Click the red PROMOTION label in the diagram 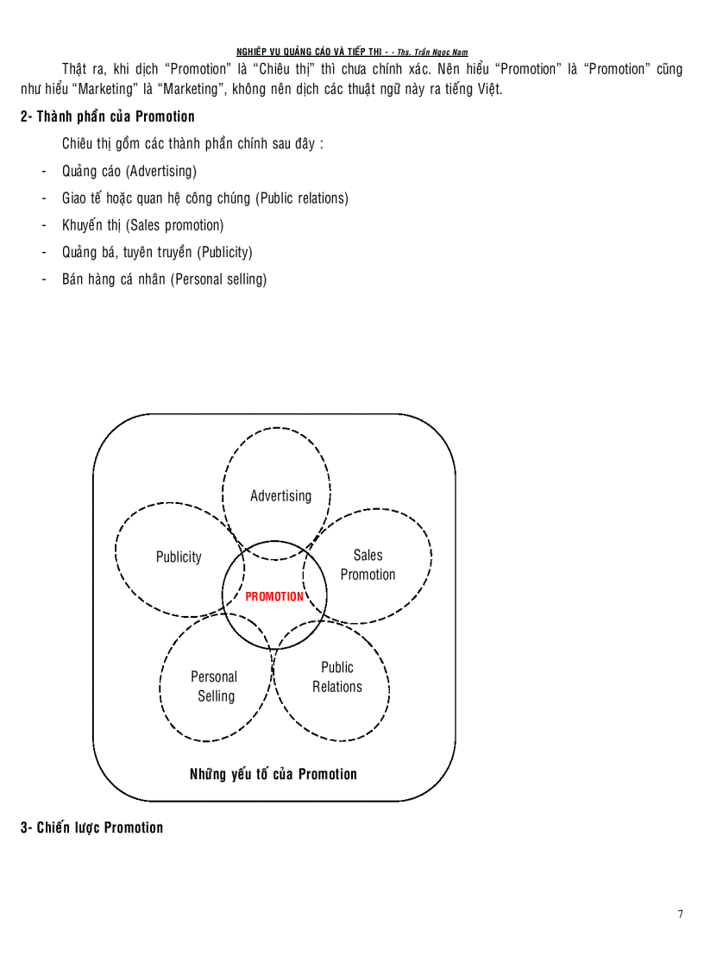pyautogui.click(x=274, y=596)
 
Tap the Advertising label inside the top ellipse pyautogui.click(x=280, y=496)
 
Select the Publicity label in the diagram pyautogui.click(x=179, y=557)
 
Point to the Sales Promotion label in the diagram pyautogui.click(x=368, y=565)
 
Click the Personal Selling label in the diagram pyautogui.click(x=215, y=687)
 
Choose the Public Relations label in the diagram pyautogui.click(x=336, y=676)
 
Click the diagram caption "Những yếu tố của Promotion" pyautogui.click(x=273, y=774)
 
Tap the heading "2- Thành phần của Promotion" pyautogui.click(x=108, y=116)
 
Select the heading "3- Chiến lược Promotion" pyautogui.click(x=91, y=827)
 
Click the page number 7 pyautogui.click(x=681, y=914)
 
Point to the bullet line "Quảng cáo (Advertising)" pyautogui.click(x=129, y=171)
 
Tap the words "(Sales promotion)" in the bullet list pyautogui.click(x=174, y=225)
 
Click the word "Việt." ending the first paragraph pyautogui.click(x=489, y=89)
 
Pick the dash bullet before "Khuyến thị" pyautogui.click(x=44, y=226)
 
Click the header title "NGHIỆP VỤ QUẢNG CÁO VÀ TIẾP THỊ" pyautogui.click(x=309, y=53)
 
